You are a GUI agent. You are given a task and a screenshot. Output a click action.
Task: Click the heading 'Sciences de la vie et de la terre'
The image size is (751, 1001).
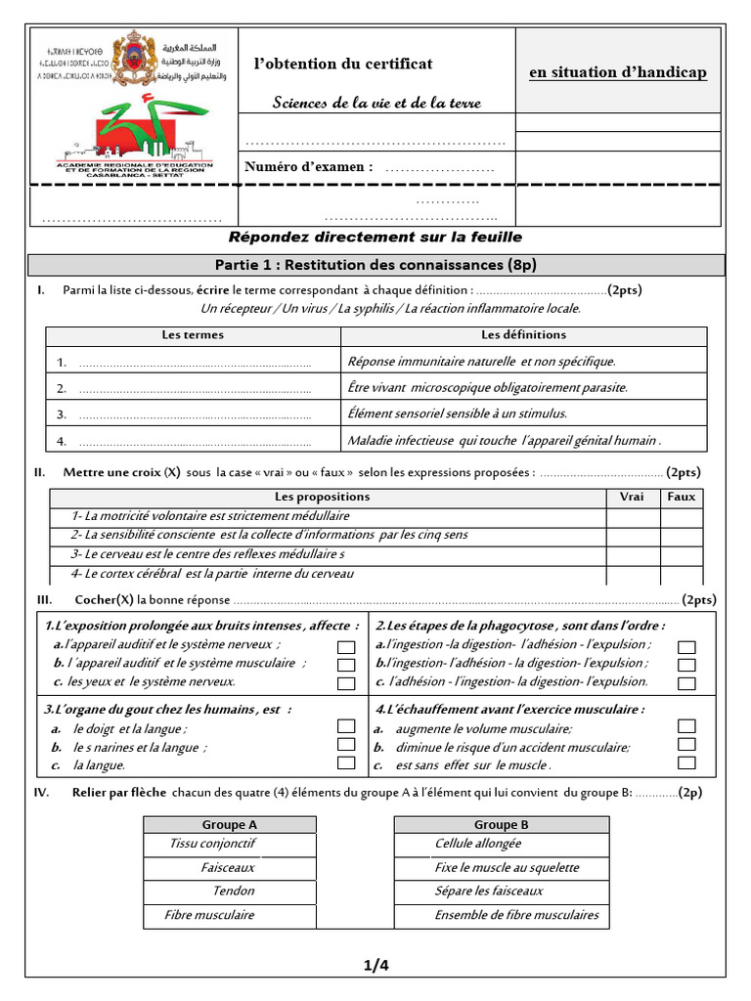pyautogui.click(x=376, y=103)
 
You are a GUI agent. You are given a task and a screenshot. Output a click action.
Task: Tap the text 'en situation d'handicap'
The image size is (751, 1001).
pyautogui.click(x=617, y=73)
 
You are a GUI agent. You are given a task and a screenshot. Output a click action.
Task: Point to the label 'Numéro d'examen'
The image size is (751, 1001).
pyautogui.click(x=308, y=166)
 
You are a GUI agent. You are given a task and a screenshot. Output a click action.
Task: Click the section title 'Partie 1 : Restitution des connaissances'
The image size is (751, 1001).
pyautogui.click(x=376, y=266)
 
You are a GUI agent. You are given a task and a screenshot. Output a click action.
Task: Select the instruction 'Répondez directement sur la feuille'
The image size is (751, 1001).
pyautogui.click(x=375, y=238)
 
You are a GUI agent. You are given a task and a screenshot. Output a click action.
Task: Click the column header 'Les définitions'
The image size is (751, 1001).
pyautogui.click(x=523, y=335)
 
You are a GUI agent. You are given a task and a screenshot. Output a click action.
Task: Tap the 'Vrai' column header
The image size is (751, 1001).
pyautogui.click(x=632, y=497)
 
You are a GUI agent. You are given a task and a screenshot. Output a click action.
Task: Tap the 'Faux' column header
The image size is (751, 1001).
pyautogui.click(x=682, y=497)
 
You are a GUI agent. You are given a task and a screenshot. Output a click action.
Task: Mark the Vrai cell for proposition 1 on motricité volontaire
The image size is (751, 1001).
pyautogui.click(x=632, y=516)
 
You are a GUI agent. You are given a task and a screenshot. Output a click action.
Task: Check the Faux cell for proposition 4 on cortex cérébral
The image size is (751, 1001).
pyautogui.click(x=682, y=573)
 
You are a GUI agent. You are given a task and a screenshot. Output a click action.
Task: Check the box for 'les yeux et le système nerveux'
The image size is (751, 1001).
pyautogui.click(x=346, y=683)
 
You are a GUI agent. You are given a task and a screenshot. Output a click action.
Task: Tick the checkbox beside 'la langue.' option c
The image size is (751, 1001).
pyautogui.click(x=346, y=763)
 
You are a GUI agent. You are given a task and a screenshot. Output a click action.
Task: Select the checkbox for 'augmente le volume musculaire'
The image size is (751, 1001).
pyautogui.click(x=686, y=726)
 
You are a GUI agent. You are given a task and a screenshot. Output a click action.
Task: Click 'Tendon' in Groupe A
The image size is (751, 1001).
pyautogui.click(x=233, y=892)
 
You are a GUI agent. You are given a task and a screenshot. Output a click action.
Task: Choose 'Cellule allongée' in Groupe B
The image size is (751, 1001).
pyautogui.click(x=478, y=844)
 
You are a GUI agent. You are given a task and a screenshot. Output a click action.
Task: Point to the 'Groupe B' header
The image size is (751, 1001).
pyautogui.click(x=502, y=825)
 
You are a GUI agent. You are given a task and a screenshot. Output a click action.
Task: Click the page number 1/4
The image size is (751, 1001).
pyautogui.click(x=376, y=966)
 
